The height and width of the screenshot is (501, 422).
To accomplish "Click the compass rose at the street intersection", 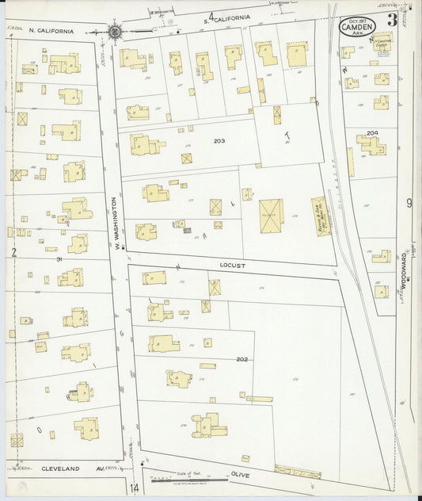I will click(116, 32).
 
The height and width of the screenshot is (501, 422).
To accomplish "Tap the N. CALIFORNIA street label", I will click(51, 31).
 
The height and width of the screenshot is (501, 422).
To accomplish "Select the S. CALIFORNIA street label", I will click(227, 17).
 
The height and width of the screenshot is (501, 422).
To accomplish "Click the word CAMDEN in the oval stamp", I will click(357, 27).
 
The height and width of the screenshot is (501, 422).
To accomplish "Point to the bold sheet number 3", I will click(392, 19).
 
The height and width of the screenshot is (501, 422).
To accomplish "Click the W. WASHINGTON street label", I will click(116, 226).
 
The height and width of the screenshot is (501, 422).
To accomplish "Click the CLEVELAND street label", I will click(61, 469).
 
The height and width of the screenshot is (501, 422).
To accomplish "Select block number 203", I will click(219, 141).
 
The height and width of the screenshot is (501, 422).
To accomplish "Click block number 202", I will click(242, 359).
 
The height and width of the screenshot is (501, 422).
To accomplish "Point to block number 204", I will click(373, 132).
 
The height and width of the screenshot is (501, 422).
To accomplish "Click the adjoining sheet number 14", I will click(135, 487).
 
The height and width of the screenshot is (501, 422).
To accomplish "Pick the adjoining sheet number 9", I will click(409, 203).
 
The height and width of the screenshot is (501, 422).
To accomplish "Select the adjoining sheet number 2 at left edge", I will click(13, 252).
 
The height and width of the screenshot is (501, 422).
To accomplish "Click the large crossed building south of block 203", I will click(271, 212).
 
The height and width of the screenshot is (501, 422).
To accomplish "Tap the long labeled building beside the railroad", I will click(320, 216).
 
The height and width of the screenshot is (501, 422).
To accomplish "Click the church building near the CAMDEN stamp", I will click(383, 41).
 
